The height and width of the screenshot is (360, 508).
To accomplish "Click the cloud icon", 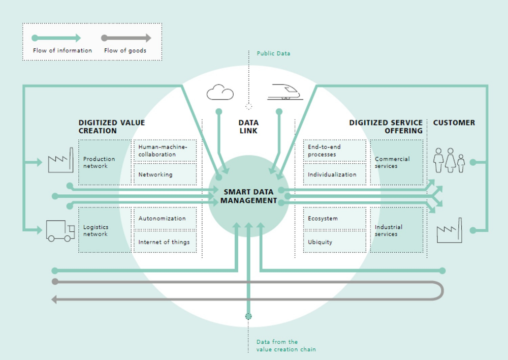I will click(x=220, y=93).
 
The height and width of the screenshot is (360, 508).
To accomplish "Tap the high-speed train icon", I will click(x=285, y=92).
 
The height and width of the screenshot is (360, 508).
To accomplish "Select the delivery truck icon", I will click(x=60, y=230).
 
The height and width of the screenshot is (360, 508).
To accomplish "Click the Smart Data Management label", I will click(x=248, y=196).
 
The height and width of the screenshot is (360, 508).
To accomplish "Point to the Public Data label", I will click(x=273, y=53).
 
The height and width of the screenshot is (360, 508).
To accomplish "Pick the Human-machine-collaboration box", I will click(x=165, y=151).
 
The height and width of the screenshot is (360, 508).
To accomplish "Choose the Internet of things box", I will click(x=165, y=242).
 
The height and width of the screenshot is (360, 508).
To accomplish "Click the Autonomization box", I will click(x=165, y=219).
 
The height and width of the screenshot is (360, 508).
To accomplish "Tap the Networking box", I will click(x=165, y=174).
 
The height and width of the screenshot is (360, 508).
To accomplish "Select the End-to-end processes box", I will click(x=334, y=151).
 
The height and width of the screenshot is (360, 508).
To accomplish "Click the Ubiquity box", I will click(x=334, y=242).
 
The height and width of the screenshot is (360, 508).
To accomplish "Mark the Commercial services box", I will click(x=397, y=163).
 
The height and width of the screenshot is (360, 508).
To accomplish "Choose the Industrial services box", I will click(x=397, y=230).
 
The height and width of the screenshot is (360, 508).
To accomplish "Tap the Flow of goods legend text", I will click(x=125, y=51).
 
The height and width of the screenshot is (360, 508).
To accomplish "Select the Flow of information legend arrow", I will click(x=56, y=38).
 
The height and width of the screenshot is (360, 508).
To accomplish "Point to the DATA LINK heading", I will click(x=248, y=127).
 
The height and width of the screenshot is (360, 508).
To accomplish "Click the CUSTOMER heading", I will click(x=454, y=123).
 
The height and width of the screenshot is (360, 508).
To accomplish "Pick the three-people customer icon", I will click(x=450, y=161).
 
